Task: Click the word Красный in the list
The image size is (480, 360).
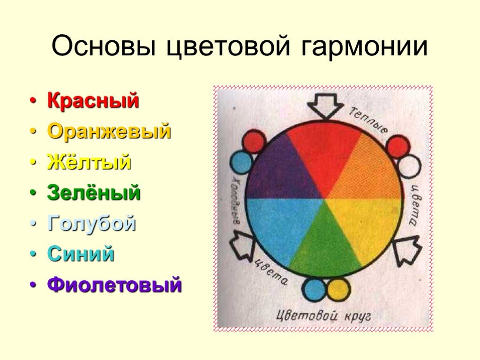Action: pyautogui.click(x=93, y=100)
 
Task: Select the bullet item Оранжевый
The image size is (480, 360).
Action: pyautogui.click(x=109, y=131)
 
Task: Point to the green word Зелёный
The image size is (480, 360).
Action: pyautogui.click(x=94, y=192)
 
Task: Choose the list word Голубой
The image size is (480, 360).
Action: pyautogui.click(x=91, y=223)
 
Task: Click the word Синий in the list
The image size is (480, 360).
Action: pyautogui.click(x=81, y=254)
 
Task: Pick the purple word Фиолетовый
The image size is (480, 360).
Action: pyautogui.click(x=114, y=285)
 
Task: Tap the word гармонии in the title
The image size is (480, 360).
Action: pyautogui.click(x=364, y=46)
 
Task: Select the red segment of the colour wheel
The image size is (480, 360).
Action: pyautogui.click(x=324, y=153)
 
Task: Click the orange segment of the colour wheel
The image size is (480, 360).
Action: pyautogui.click(x=367, y=172)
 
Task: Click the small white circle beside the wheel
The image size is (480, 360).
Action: pyautogui.click(x=409, y=166)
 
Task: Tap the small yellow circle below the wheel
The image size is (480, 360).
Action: pyautogui.click(x=337, y=289)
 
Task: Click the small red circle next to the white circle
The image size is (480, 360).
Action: pyautogui.click(x=397, y=146)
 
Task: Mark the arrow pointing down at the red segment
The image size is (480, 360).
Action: pyautogui.click(x=324, y=105)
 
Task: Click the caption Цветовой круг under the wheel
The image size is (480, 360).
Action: pyautogui.click(x=323, y=315)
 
